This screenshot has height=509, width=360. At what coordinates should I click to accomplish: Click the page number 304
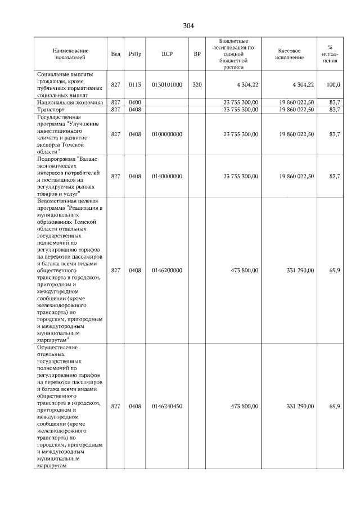[x=188, y=26]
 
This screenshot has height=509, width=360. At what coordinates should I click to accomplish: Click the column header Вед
[x=115, y=54]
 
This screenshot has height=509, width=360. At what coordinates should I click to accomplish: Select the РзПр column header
[x=135, y=54]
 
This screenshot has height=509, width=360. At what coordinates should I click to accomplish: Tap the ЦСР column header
[x=166, y=54]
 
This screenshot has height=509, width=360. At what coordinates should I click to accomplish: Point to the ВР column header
[x=197, y=54]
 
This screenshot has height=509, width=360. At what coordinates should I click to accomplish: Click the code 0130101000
[x=167, y=84]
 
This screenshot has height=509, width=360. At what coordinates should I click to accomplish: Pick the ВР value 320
[x=197, y=84]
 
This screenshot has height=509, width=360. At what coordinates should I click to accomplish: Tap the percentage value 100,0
[x=334, y=84]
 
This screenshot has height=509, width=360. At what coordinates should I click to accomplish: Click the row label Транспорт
[x=52, y=110]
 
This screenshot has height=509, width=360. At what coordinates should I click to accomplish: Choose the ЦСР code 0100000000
[x=167, y=134]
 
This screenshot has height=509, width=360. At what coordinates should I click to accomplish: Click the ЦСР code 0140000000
[x=167, y=176]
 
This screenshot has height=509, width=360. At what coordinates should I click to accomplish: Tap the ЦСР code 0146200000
[x=167, y=271]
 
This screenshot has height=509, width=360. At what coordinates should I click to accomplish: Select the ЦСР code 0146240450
[x=167, y=406]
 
